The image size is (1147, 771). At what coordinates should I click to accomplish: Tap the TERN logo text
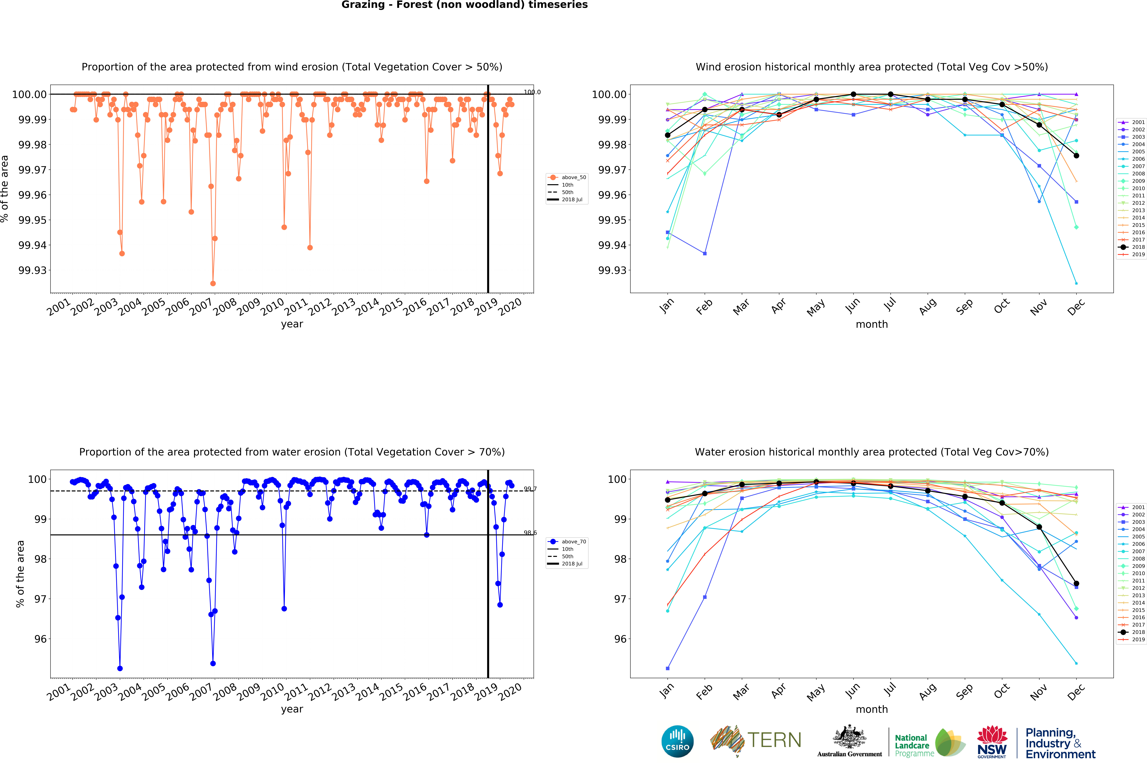click(x=774, y=740)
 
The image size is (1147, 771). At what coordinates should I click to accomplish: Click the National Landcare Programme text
click(x=913, y=745)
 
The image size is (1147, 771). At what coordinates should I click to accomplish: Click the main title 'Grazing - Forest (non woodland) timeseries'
click(x=464, y=5)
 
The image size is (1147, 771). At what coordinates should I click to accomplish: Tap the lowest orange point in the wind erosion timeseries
click(x=213, y=284)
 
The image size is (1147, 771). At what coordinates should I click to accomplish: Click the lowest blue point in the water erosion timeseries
click(x=120, y=669)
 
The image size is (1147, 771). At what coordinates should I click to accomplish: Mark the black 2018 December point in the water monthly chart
click(x=1076, y=584)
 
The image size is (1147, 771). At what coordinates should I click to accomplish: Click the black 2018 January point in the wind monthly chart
click(x=667, y=135)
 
